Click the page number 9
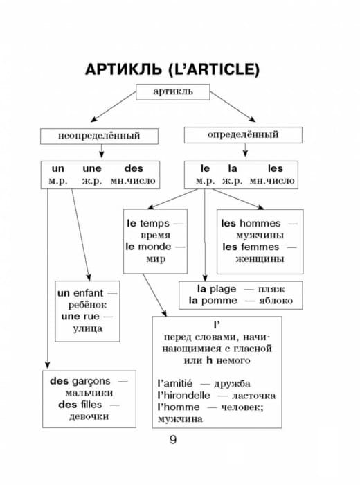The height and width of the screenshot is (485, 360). (173, 439)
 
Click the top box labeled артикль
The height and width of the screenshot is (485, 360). (173, 92)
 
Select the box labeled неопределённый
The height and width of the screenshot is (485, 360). (99, 136)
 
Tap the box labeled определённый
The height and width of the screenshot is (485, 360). (243, 135)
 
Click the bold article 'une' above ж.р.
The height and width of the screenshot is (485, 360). (92, 168)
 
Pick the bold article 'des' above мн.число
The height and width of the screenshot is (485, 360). (134, 168)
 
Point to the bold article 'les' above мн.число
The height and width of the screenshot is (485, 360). (276, 168)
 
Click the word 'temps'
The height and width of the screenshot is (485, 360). (154, 223)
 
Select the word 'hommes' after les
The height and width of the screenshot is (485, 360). (260, 223)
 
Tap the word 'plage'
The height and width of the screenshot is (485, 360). (223, 289)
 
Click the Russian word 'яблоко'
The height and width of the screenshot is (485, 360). (276, 301)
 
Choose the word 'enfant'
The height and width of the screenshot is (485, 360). (89, 293)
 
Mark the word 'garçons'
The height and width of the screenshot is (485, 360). (91, 381)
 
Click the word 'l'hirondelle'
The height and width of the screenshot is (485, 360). (183, 396)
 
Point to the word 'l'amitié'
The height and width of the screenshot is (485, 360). (175, 384)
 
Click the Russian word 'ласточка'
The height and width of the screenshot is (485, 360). (253, 396)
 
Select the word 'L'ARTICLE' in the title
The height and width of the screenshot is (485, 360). (215, 69)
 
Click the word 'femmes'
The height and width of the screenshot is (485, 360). (260, 247)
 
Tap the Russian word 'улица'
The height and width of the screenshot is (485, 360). (88, 328)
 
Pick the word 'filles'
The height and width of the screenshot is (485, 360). (91, 405)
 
